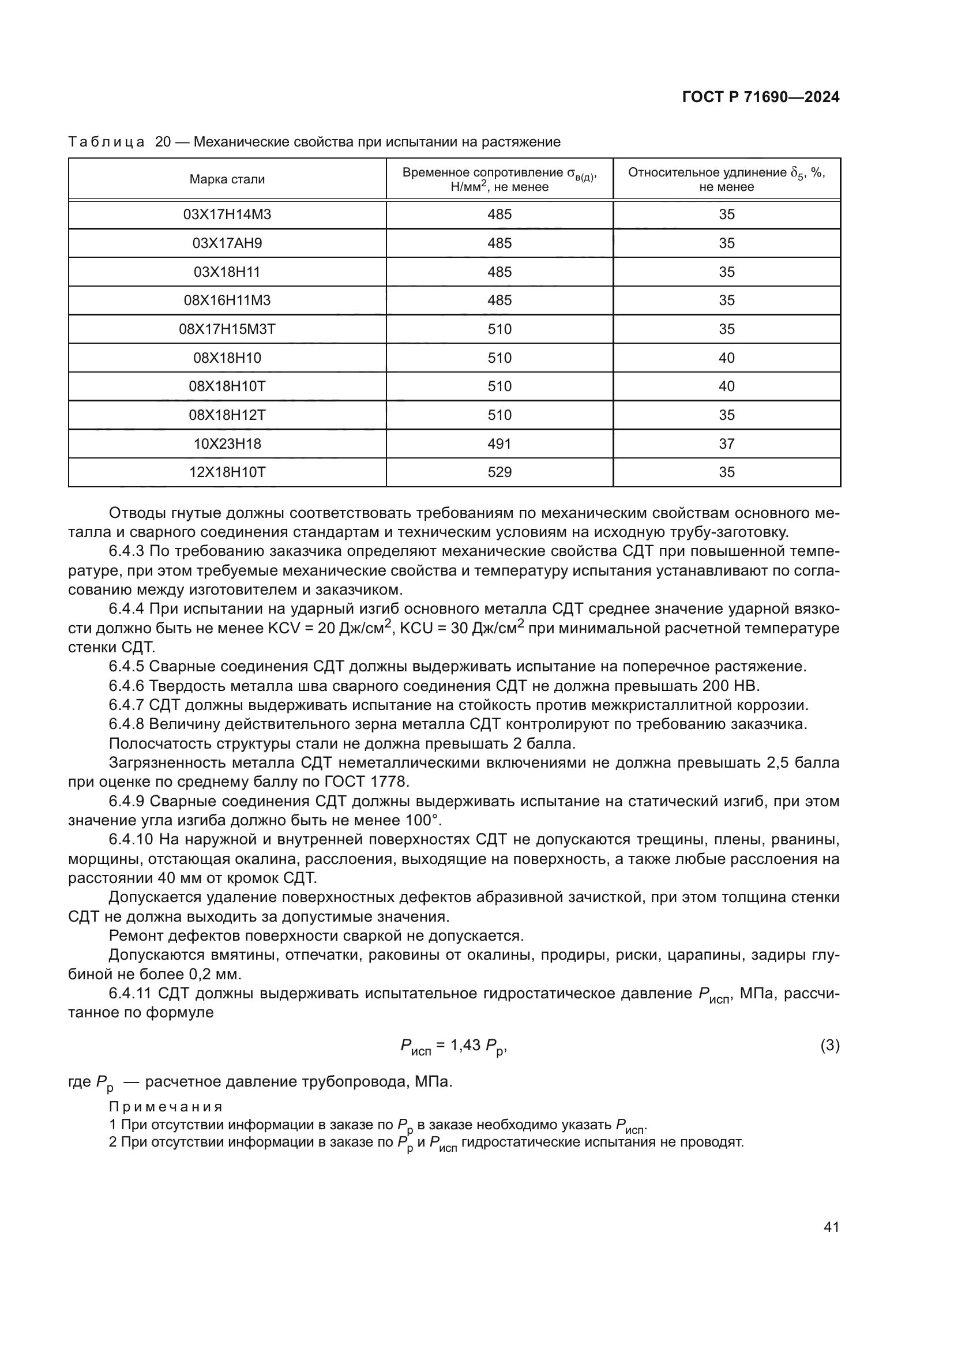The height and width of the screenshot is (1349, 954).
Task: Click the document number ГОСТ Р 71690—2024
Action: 761,97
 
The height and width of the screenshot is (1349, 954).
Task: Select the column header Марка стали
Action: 227,180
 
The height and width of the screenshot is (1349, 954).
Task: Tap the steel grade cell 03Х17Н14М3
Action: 227,215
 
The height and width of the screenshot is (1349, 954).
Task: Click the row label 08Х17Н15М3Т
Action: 227,329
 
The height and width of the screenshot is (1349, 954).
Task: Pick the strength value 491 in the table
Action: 499,444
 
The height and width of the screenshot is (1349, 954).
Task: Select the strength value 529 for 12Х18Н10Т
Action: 499,472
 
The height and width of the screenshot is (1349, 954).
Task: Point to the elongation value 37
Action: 727,444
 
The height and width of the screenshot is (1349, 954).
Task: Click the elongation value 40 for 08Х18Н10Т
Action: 727,386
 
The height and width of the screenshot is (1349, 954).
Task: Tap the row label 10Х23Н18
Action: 227,444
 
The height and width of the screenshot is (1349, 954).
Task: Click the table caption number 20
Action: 163,142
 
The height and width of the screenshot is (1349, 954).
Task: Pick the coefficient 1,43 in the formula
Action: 465,1045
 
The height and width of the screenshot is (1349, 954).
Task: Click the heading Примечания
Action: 166,1107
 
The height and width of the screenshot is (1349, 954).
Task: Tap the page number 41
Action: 831,1227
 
